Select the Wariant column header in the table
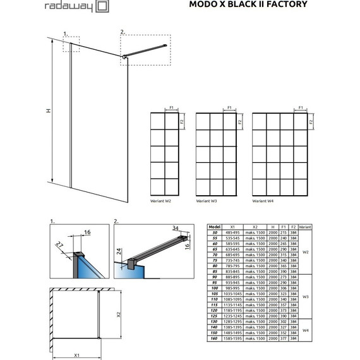[x=305, y=225]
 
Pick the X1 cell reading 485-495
[x=232, y=232]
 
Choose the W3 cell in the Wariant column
[x=305, y=297]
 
